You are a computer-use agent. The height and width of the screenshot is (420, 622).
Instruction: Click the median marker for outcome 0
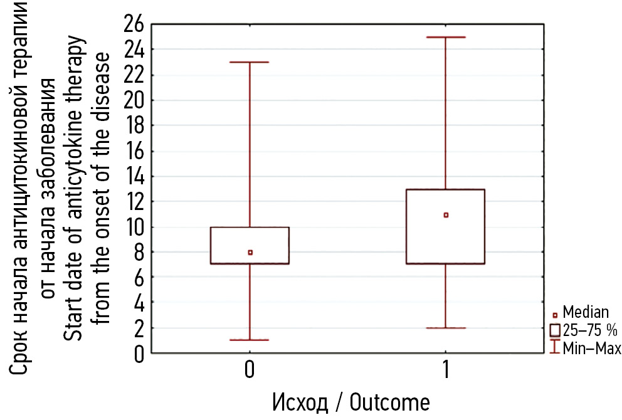pyautogui.click(x=250, y=253)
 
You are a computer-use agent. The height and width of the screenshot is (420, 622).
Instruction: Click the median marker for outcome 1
pyautogui.click(x=446, y=215)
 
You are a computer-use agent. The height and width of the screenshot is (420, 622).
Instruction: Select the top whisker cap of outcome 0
pyautogui.click(x=250, y=62)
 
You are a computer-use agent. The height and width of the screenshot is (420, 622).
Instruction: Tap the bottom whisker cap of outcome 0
pyautogui.click(x=250, y=340)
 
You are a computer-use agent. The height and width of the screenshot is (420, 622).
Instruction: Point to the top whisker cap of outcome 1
pyautogui.click(x=446, y=37)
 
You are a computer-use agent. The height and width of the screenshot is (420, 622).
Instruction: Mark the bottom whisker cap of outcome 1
pyautogui.click(x=446, y=328)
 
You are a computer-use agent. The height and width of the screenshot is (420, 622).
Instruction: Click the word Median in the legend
pyautogui.click(x=586, y=312)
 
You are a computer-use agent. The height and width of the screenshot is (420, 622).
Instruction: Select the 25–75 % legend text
pyautogui.click(x=589, y=330)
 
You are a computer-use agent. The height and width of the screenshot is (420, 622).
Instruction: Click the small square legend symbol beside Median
pyautogui.click(x=554, y=315)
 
